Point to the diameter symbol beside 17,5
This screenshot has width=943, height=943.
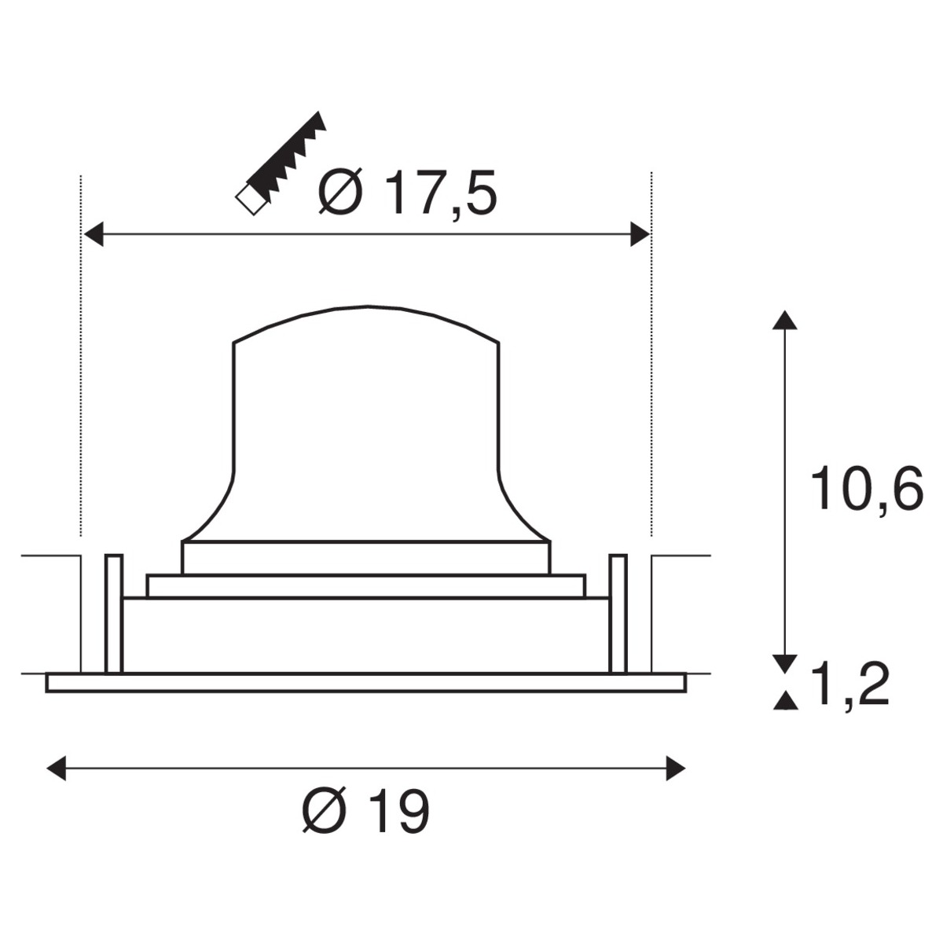[x=340, y=193]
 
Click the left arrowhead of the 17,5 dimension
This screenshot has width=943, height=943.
[x=94, y=234]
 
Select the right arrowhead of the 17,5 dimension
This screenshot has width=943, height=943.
[x=640, y=234]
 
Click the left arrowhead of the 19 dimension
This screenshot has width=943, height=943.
[x=57, y=769]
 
